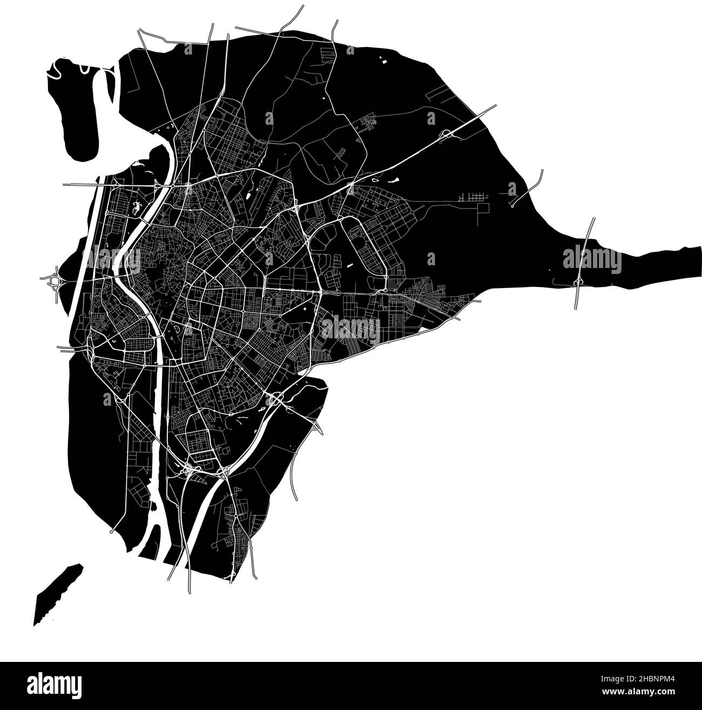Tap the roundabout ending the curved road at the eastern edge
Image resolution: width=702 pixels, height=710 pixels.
coord(511,206)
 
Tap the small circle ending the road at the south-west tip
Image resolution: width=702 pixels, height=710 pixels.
coord(111,532)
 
